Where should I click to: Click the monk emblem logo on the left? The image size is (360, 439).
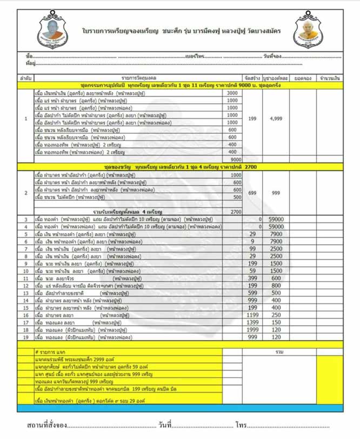55,31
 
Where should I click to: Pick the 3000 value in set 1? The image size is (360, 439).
232,93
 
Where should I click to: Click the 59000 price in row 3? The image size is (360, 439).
275,219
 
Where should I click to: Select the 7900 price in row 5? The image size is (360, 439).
275,234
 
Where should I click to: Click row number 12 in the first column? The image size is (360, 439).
25,285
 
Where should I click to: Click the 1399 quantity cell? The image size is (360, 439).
251,322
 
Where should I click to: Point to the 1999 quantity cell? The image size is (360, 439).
251,329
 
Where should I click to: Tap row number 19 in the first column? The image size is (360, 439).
25,337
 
